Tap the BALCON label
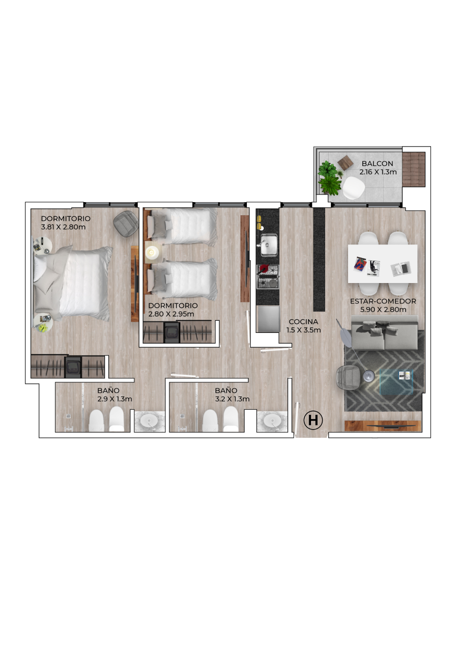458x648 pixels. (x=377, y=163)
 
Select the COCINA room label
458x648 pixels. (x=303, y=321)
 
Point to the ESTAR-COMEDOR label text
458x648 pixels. (x=383, y=301)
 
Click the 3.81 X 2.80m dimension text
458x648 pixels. (x=63, y=227)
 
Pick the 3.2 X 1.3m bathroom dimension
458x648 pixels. (x=232, y=399)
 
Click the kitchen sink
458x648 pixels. (x=269, y=245)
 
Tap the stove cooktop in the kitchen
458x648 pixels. (x=268, y=276)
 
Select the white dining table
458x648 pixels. (x=383, y=264)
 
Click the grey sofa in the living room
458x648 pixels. (x=385, y=333)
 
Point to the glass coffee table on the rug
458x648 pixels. (x=396, y=382)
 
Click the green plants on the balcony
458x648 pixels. (x=330, y=177)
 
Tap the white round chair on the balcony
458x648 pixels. (x=353, y=187)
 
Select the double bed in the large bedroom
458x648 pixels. (x=73, y=284)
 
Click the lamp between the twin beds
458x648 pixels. (x=151, y=253)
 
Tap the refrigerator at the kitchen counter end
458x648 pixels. (x=268, y=319)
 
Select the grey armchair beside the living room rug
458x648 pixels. (x=349, y=377)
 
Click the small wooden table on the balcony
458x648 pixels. (x=345, y=163)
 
